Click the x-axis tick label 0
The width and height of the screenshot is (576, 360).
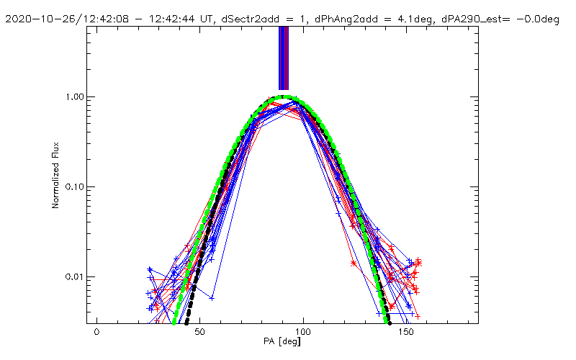coord(96,333)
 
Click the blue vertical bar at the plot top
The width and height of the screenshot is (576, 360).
coord(284,58)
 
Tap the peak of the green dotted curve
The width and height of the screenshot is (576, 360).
coord(285,96)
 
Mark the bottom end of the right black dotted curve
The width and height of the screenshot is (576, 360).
coord(388,321)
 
